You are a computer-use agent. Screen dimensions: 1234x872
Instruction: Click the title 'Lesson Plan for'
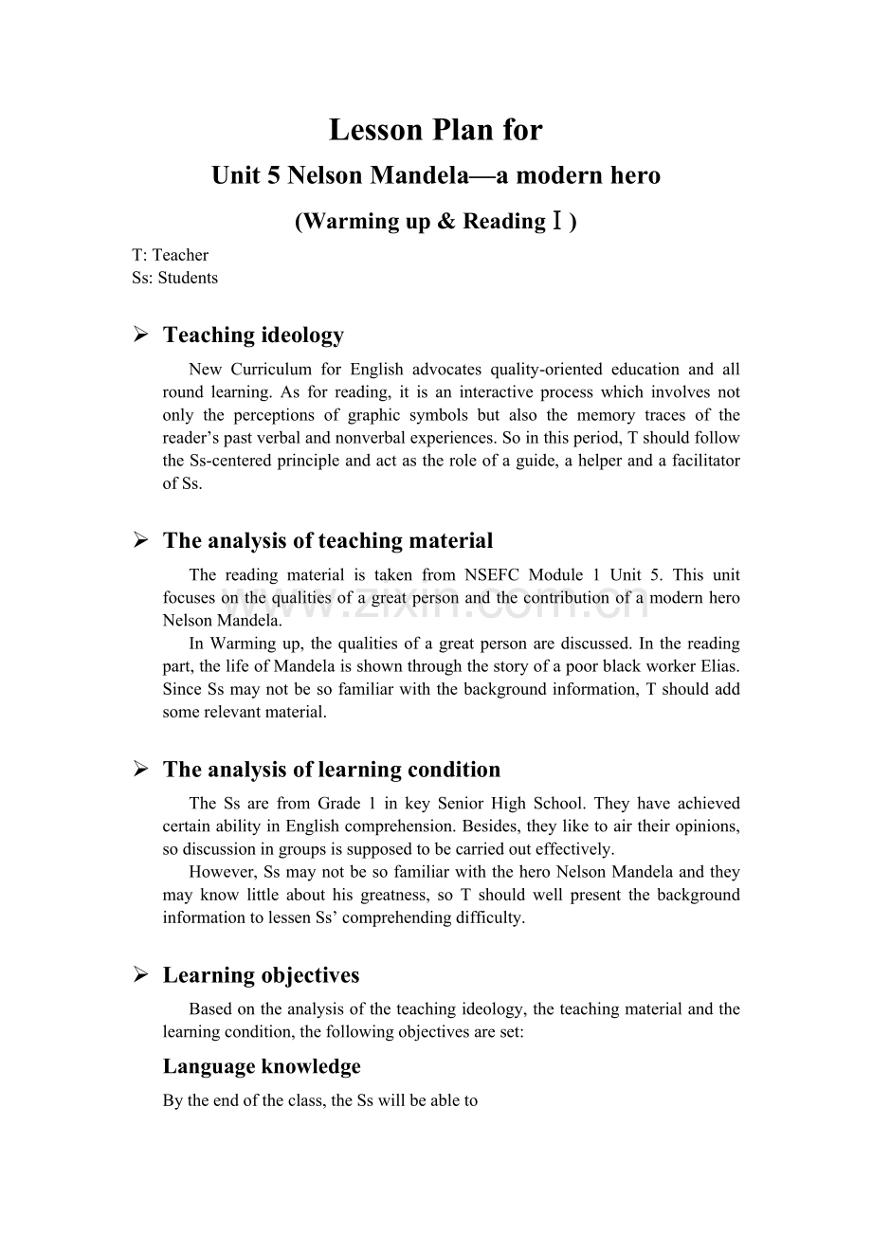pyautogui.click(x=436, y=130)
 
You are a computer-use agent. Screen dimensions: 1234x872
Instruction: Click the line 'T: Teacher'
pyautogui.click(x=171, y=255)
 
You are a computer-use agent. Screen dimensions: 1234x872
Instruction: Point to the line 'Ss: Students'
pyautogui.click(x=175, y=278)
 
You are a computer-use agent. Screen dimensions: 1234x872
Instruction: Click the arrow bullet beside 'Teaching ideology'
pyautogui.click(x=140, y=335)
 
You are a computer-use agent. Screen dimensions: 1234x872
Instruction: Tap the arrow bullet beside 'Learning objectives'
pyautogui.click(x=140, y=975)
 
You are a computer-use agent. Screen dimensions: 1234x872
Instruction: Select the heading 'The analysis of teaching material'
pyautogui.click(x=328, y=541)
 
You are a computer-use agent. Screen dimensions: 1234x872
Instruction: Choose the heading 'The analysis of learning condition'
pyautogui.click(x=332, y=770)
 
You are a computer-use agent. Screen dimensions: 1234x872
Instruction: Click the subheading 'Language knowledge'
pyautogui.click(x=262, y=1066)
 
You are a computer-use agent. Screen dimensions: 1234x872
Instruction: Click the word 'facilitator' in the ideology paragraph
pyautogui.click(x=703, y=461)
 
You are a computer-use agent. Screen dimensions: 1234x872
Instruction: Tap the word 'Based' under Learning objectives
pyautogui.click(x=209, y=1009)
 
